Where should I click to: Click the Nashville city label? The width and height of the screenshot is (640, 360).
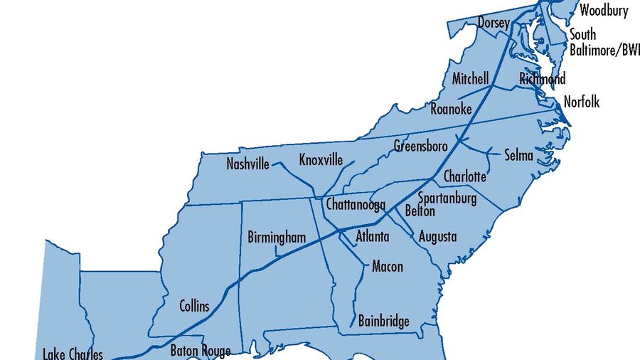pos(247,164)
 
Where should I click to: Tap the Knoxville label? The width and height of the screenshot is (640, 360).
pos(321,159)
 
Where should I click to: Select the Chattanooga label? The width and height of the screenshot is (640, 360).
pos(356,205)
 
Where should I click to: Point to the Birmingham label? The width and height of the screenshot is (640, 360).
pos(276,237)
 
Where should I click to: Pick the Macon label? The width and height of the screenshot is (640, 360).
pos(387,267)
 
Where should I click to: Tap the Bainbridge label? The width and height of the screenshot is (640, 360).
pos(384,321)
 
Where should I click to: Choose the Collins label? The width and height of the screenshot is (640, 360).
pos(193,306)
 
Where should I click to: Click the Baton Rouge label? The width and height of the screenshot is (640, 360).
pos(200,351)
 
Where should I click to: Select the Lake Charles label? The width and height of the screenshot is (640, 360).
pos(73,354)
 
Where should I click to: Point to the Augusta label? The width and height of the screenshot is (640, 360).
pos(437,236)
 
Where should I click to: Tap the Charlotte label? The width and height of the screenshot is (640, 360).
pos(464,176)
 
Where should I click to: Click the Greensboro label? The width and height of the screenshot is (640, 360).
pos(420,146)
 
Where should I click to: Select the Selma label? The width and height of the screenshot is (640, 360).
pos(518,155)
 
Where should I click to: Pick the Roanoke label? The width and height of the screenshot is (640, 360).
pos(451,109)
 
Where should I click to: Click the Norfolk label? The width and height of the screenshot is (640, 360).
pos(581,102)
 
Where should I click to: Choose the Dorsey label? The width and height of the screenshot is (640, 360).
pos(493,23)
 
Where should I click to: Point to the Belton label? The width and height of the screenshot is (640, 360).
pos(419,211)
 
